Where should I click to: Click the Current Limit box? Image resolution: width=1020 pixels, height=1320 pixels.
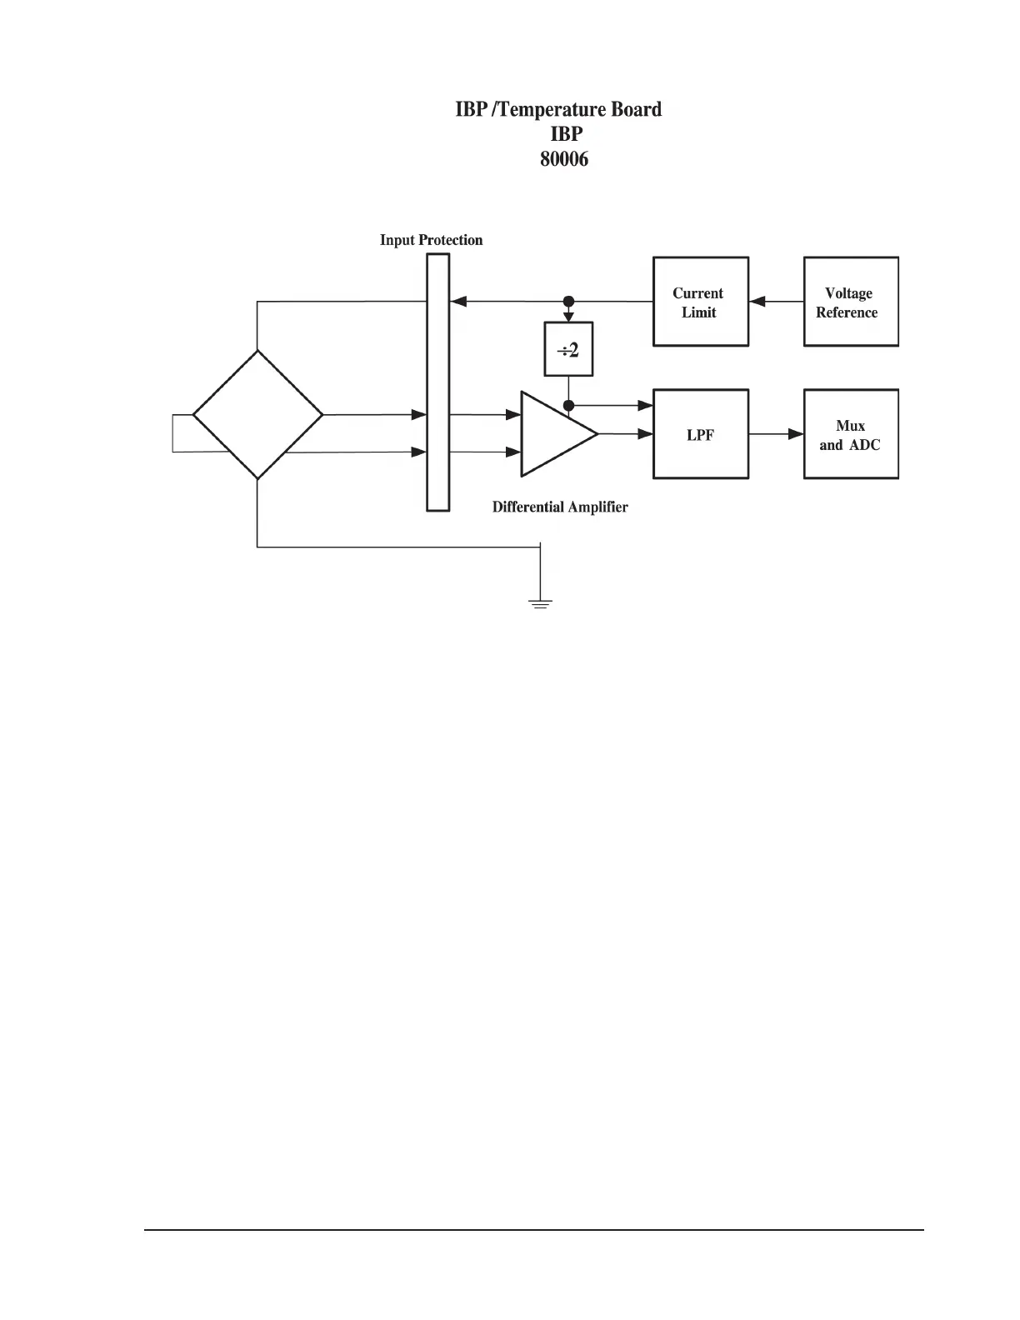coord(700,302)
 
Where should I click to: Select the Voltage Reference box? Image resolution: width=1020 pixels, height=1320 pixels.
coord(851,302)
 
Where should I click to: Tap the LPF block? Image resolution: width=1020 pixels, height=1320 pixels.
coord(700,434)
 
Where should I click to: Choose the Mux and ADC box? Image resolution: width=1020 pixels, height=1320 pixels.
coord(851,434)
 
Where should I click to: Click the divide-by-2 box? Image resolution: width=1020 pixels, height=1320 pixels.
coord(568,349)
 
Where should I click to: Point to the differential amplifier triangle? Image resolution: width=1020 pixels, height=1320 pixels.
coord(554,433)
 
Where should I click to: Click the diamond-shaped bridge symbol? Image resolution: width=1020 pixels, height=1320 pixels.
coord(257,414)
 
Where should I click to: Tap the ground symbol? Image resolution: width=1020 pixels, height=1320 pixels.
coord(541,602)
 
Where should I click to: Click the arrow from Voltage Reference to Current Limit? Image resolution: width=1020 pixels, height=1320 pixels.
coord(776,302)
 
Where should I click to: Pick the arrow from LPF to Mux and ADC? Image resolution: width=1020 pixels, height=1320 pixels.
coord(776,434)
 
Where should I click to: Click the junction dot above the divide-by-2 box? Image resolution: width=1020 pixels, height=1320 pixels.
coord(569,302)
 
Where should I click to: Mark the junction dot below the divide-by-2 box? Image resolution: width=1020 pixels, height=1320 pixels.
coord(569,406)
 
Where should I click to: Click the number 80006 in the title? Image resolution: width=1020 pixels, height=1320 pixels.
coord(564,159)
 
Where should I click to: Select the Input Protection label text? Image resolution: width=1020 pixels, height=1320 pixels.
coord(431,240)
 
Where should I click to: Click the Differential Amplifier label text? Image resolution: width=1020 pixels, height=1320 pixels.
coord(560,507)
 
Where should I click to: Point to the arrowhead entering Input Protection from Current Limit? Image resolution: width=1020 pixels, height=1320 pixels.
coord(457,302)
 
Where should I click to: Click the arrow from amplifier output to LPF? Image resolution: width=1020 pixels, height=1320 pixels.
coord(626,433)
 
